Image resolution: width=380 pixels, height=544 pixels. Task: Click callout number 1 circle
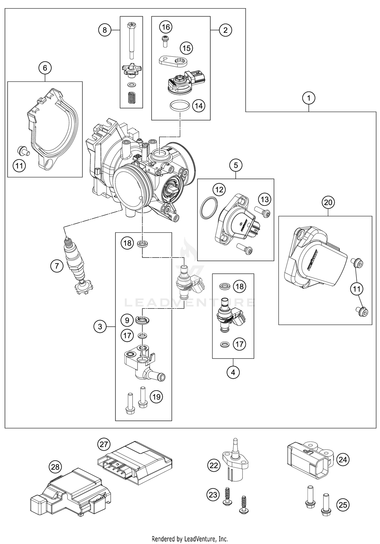click(x=309, y=98)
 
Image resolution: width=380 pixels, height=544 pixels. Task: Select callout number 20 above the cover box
click(x=328, y=202)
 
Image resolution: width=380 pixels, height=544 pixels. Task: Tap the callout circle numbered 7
click(x=56, y=266)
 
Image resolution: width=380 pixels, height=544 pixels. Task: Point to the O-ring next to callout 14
click(x=180, y=106)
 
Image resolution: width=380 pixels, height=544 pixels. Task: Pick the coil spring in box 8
click(x=131, y=97)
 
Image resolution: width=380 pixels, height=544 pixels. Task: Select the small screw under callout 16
click(x=166, y=41)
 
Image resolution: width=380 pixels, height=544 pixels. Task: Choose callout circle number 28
click(x=55, y=467)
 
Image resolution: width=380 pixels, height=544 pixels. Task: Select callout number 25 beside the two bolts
click(x=343, y=505)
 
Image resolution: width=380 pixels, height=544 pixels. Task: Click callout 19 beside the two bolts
click(x=157, y=396)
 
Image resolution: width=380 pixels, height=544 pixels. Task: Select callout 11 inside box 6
click(x=20, y=166)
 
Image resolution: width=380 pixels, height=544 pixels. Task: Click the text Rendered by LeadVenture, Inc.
click(x=190, y=538)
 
